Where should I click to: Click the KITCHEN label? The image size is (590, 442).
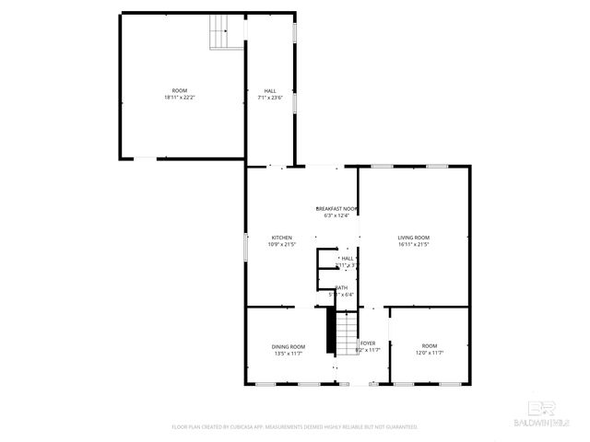coord(281,237)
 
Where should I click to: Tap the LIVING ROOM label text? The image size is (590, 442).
coord(414,237)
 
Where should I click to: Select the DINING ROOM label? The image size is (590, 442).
coord(289,346)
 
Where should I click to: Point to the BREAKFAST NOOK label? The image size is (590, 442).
coord(336,208)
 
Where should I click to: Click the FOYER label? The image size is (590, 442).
coord(367,343)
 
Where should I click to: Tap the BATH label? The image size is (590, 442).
coord(342,287)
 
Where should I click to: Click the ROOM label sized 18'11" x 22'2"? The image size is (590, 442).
coord(179,90)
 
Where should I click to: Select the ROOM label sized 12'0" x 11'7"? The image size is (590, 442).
coord(430,346)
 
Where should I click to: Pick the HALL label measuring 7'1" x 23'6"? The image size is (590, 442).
coord(270,90)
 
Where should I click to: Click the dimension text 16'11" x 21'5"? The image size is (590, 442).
coord(414,244)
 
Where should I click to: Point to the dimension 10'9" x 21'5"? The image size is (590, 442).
coord(281,244)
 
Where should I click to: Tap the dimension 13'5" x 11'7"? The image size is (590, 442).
coord(289,354)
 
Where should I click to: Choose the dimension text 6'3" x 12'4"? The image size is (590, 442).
coord(336,215)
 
